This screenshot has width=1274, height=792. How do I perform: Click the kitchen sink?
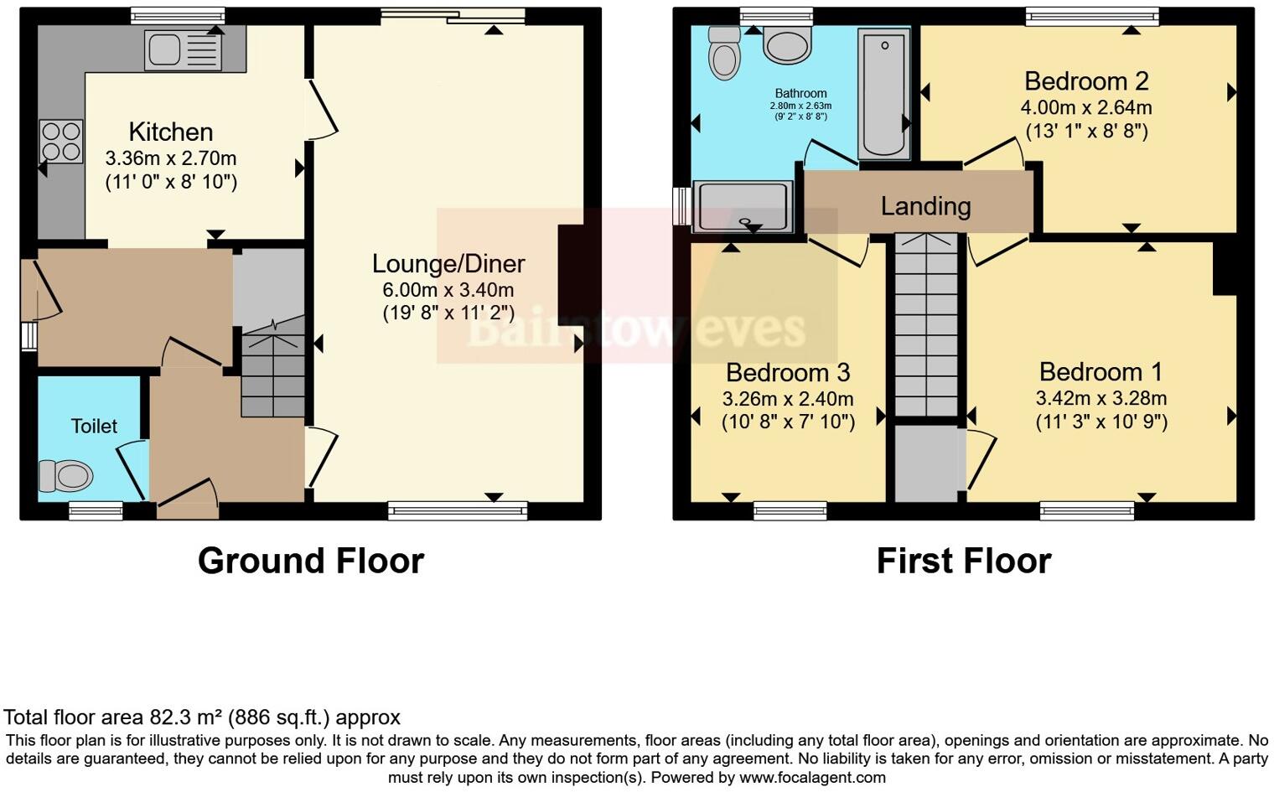point(183,49)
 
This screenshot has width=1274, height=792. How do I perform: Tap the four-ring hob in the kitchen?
point(61,141)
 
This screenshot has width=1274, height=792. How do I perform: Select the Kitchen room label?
point(171,132)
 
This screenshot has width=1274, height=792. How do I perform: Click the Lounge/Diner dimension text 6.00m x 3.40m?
point(448,290)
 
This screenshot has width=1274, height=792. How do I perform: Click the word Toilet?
point(94,426)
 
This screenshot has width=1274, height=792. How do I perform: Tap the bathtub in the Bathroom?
point(883,92)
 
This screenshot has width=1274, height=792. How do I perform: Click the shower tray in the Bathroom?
point(742,206)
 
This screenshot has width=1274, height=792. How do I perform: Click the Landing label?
point(925,206)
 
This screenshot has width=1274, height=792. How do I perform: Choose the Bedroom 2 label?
point(1086,81)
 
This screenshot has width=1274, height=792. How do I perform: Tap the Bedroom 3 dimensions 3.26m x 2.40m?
point(788,399)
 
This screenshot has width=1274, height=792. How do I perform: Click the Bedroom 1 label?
point(1101,371)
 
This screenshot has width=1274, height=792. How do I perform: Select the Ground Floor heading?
point(311,561)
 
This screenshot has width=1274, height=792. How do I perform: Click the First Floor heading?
point(963,561)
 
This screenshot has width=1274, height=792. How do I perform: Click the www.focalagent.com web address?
point(812,777)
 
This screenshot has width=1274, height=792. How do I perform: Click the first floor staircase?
point(925,327)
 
